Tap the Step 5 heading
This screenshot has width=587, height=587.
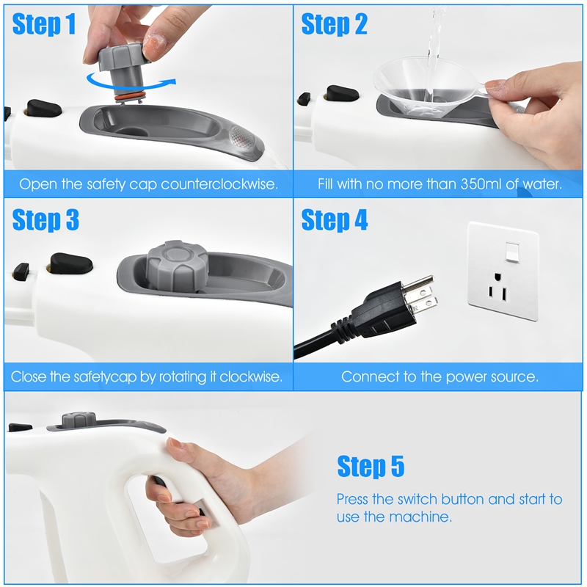coord(370,466)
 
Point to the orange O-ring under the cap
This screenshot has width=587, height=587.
coord(131,93)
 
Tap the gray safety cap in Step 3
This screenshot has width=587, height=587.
coord(174,264)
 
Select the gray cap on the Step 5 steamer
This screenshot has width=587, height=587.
coord(79,420)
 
